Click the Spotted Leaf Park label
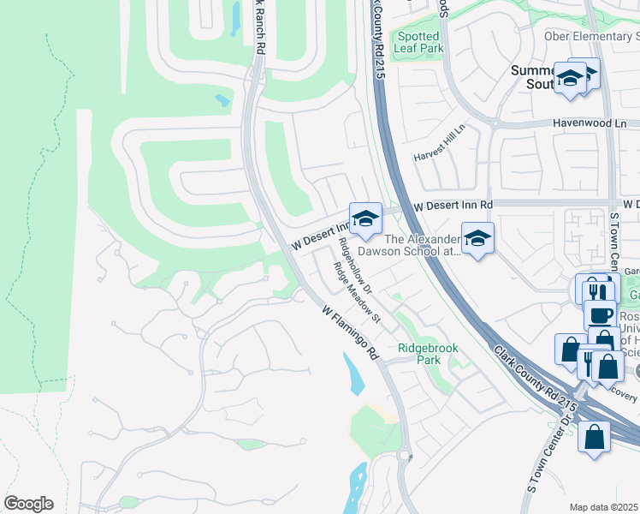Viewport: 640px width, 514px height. pos(418,43)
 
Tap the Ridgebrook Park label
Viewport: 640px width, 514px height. pos(428,354)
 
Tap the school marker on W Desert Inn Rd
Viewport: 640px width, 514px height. pos(365,218)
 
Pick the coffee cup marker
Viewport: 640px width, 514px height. pos(600,314)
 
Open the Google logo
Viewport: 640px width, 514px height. pos(28,504)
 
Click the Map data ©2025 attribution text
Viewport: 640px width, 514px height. pos(604,507)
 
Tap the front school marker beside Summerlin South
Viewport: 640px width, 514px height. pos(569,79)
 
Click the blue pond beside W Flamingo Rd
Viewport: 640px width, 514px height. pos(353,370)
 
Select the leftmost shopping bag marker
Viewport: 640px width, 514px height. pos(569,349)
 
